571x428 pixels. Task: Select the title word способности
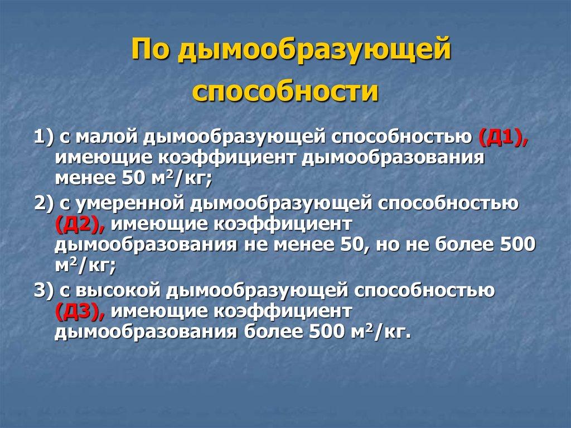pos(285,92)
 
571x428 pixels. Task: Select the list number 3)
pos(43,291)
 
